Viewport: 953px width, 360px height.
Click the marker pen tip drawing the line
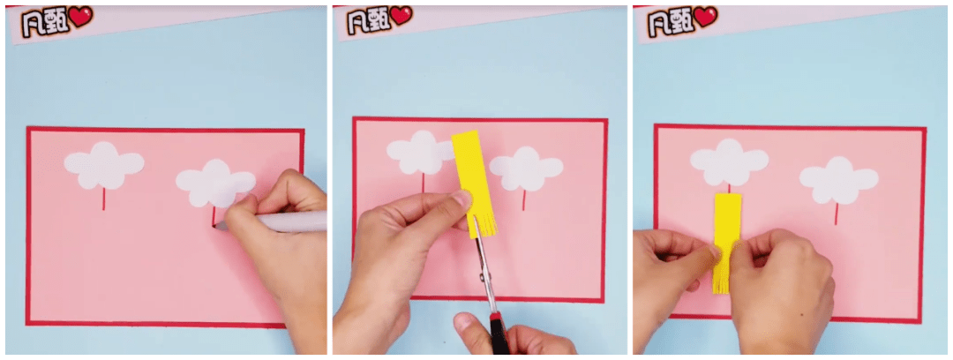[218, 226]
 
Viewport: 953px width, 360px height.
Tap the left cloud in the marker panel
[104, 165]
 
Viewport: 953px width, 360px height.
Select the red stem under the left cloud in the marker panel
[103, 199]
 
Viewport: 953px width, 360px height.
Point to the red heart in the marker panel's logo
[80, 17]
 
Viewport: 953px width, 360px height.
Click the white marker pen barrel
[286, 221]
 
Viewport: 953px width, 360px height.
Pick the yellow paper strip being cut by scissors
[473, 183]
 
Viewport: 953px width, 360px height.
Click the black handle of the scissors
[499, 334]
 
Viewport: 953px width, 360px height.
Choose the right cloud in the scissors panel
[526, 169]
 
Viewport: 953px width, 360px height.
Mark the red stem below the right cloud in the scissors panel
[524, 200]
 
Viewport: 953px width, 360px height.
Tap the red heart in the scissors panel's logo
[401, 15]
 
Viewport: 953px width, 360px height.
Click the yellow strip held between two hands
[727, 243]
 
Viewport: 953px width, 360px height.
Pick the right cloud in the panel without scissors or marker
[839, 180]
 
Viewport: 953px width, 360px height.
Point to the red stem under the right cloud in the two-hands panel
[837, 214]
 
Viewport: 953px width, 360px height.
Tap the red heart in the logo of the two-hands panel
[706, 17]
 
